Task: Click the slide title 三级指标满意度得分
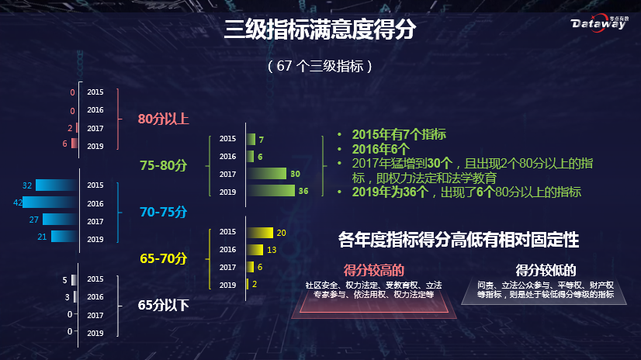pyautogui.click(x=320, y=30)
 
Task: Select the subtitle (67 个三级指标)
pyautogui.click(x=320, y=66)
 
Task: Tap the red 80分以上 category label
pyautogui.click(x=164, y=119)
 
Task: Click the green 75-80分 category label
pyautogui.click(x=164, y=165)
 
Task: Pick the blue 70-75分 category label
pyautogui.click(x=164, y=211)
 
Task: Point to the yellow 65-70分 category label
pyautogui.click(x=164, y=258)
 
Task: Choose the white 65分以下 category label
pyautogui.click(x=164, y=305)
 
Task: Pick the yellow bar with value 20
pyautogui.click(x=260, y=232)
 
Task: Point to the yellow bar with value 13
pyautogui.click(x=255, y=250)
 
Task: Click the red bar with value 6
pyautogui.click(x=74, y=144)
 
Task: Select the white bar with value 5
pyautogui.click(x=74, y=279)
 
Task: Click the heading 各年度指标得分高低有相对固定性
pyautogui.click(x=459, y=239)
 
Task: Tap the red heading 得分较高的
pyautogui.click(x=375, y=269)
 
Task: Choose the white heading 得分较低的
pyautogui.click(x=546, y=269)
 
